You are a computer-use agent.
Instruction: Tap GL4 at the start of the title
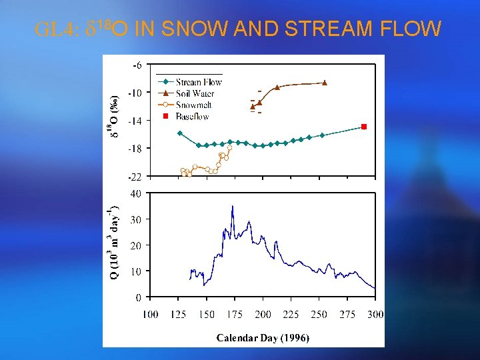point(56,29)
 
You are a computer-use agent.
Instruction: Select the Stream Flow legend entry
point(198,82)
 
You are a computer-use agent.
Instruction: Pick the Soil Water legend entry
point(195,93)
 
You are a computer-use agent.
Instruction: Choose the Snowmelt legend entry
point(193,105)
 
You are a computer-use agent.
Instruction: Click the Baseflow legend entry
point(192,116)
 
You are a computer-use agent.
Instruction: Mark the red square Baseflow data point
point(364,127)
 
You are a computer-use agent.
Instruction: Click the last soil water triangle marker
point(325,83)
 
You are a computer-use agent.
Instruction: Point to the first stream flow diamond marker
point(179,133)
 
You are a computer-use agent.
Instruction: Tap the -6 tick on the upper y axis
point(136,65)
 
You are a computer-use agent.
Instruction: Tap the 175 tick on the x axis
point(235,314)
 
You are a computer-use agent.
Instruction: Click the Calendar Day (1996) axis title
point(263,338)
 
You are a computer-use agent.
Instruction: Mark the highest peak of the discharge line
point(233,206)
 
